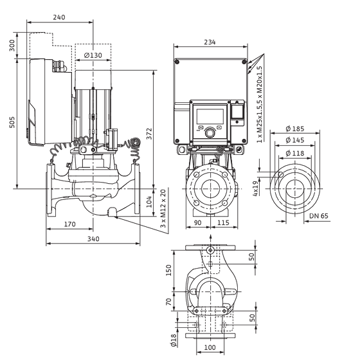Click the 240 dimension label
pyautogui.click(x=59, y=17)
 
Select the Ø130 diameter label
pyautogui.click(x=93, y=55)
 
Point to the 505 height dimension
pyautogui.click(x=12, y=122)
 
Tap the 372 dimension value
pyautogui.click(x=149, y=134)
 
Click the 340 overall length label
pyautogui.click(x=93, y=239)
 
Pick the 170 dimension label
pyautogui.click(x=70, y=224)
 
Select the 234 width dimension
pyautogui.click(x=210, y=42)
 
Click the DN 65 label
pyautogui.click(x=319, y=216)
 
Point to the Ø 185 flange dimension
pyautogui.click(x=295, y=129)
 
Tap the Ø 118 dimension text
pyautogui.click(x=295, y=153)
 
